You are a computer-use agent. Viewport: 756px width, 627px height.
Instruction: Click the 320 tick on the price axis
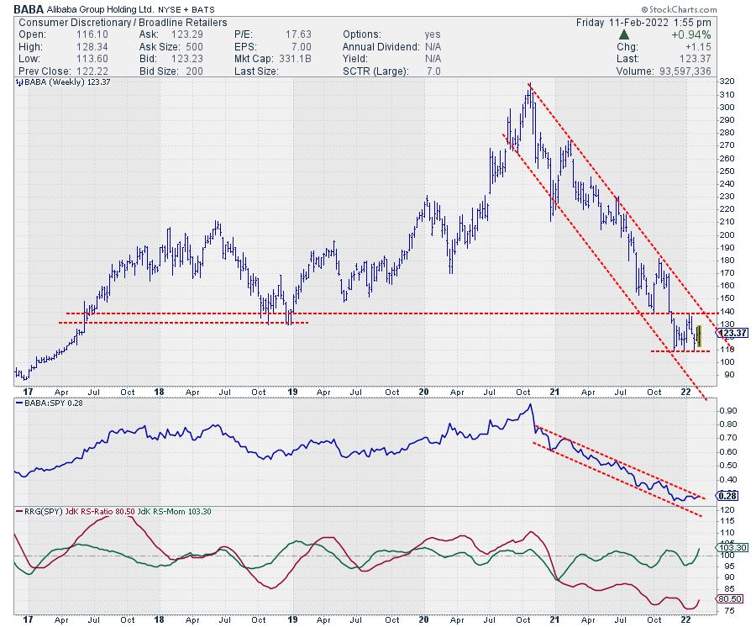[x=727, y=82]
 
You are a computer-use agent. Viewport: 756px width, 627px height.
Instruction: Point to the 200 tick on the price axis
[x=727, y=234]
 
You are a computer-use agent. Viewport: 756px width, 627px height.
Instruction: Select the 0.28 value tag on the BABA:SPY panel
[x=727, y=496]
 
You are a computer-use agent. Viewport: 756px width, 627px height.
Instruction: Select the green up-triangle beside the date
[x=624, y=34]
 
